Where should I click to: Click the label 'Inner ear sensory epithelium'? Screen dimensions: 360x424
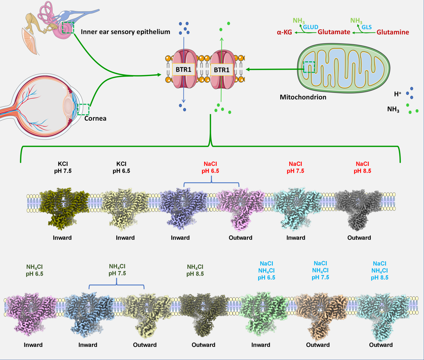125,32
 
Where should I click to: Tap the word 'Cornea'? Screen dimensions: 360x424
96,118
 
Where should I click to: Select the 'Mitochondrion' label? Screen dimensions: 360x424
303,97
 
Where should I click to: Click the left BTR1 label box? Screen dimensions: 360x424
183,70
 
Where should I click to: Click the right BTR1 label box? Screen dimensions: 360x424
222,70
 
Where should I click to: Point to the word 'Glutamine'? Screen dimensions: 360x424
392,32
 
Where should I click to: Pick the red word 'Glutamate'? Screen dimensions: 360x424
334,32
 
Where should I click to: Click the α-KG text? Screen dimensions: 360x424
284,33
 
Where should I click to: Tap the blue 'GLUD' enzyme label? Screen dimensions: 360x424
311,27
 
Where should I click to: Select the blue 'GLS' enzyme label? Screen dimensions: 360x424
367,27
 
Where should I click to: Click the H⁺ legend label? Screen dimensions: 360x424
398,94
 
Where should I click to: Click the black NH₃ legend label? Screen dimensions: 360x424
393,109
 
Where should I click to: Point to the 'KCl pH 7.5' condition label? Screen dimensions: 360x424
63,167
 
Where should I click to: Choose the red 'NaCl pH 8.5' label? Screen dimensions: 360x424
362,167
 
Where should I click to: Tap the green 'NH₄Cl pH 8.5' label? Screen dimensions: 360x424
195,270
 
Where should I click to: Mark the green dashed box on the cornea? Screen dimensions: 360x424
83,110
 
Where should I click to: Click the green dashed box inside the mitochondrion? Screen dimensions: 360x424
309,67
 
